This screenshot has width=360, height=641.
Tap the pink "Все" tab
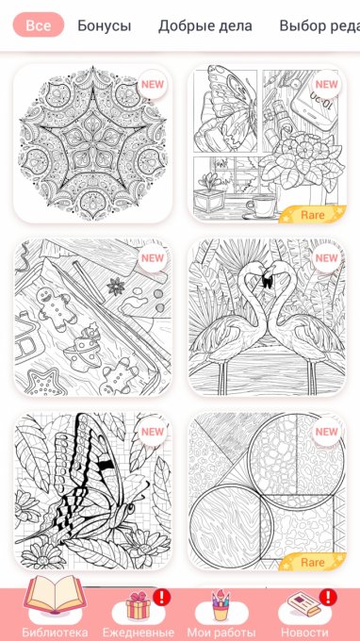(x=39, y=25)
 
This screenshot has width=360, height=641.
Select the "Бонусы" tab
(x=105, y=25)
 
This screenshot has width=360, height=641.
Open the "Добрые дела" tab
(x=205, y=25)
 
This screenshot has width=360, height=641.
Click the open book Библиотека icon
(x=55, y=594)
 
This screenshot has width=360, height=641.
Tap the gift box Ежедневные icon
(x=139, y=606)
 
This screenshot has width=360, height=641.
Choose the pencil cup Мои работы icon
(x=221, y=606)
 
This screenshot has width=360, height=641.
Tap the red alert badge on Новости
(x=328, y=598)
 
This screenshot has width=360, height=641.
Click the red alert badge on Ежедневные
(x=161, y=598)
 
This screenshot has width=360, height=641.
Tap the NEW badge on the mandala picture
(x=153, y=85)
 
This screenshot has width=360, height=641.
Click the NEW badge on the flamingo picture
(x=326, y=258)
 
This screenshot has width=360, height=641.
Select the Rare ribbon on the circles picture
(x=313, y=562)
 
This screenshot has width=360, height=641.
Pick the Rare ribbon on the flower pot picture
(x=313, y=214)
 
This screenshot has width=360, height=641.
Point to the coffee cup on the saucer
(x=260, y=205)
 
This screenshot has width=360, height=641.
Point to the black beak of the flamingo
(x=267, y=282)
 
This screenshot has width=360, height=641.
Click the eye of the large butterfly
(x=130, y=508)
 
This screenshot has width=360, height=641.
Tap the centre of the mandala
(x=92, y=144)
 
